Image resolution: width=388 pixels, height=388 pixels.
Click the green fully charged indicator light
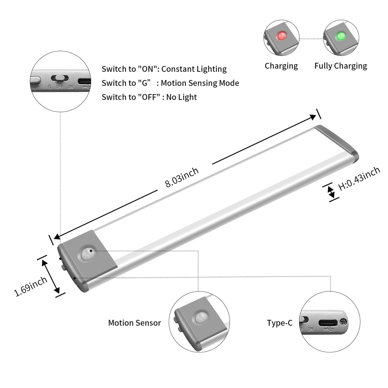(x=340, y=36)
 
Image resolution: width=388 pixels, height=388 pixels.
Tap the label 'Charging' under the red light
(x=281, y=66)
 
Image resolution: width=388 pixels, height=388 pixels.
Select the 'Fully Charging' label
(x=340, y=66)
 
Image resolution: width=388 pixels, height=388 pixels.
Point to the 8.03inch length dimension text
(x=182, y=178)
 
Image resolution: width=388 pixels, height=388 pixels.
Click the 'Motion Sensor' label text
(x=135, y=323)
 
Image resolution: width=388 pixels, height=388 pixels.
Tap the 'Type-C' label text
(x=280, y=323)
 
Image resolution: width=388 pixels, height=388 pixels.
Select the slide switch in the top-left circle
(x=59, y=78)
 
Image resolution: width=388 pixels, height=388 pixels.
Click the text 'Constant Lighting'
(x=194, y=69)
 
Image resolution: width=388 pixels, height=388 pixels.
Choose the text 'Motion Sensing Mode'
(x=200, y=83)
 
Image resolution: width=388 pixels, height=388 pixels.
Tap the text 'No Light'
(x=181, y=97)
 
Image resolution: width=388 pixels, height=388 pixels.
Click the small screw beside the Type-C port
(x=344, y=322)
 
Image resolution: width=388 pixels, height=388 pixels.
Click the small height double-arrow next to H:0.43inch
(x=331, y=192)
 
